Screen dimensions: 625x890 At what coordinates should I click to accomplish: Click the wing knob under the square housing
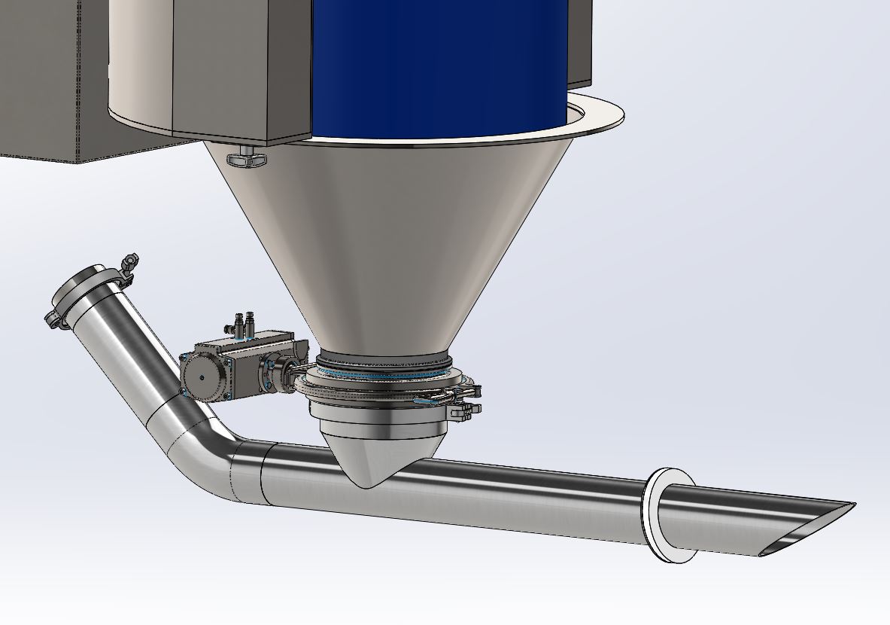[x=246, y=159]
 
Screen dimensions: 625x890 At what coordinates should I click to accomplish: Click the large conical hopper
[x=391, y=241]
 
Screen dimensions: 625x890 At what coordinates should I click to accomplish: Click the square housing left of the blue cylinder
[x=241, y=68]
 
